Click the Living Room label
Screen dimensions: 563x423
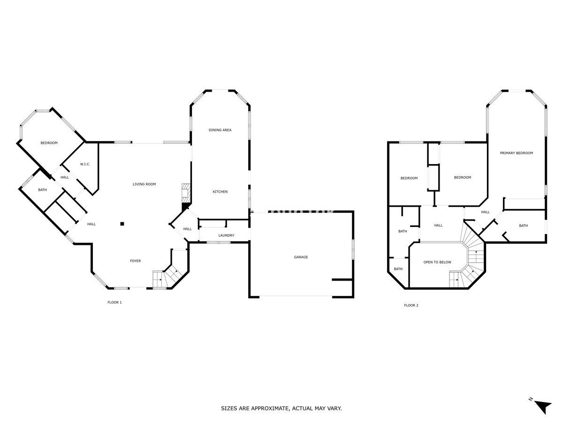pyautogui.click(x=144, y=184)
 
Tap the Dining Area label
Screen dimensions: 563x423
pyautogui.click(x=220, y=130)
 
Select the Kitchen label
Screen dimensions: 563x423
pyautogui.click(x=220, y=192)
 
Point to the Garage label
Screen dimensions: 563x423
pyautogui.click(x=301, y=257)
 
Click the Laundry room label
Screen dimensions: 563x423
pyautogui.click(x=226, y=235)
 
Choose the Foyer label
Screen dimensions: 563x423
pyautogui.click(x=136, y=261)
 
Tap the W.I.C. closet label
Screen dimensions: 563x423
pyautogui.click(x=85, y=164)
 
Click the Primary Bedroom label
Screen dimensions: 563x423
pyautogui.click(x=517, y=153)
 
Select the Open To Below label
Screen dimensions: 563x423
pyautogui.click(x=437, y=262)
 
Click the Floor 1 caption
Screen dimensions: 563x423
pyautogui.click(x=114, y=302)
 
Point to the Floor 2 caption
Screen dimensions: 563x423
pyautogui.click(x=411, y=305)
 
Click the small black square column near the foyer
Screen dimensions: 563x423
pyautogui.click(x=122, y=224)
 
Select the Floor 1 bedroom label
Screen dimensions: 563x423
pyautogui.click(x=49, y=143)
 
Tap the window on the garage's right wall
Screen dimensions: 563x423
pyautogui.click(x=353, y=249)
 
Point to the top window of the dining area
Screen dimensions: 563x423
pyautogui.click(x=220, y=90)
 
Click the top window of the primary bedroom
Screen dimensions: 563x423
pyautogui.click(x=517, y=91)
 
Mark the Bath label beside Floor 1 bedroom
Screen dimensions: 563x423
pyautogui.click(x=43, y=190)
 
